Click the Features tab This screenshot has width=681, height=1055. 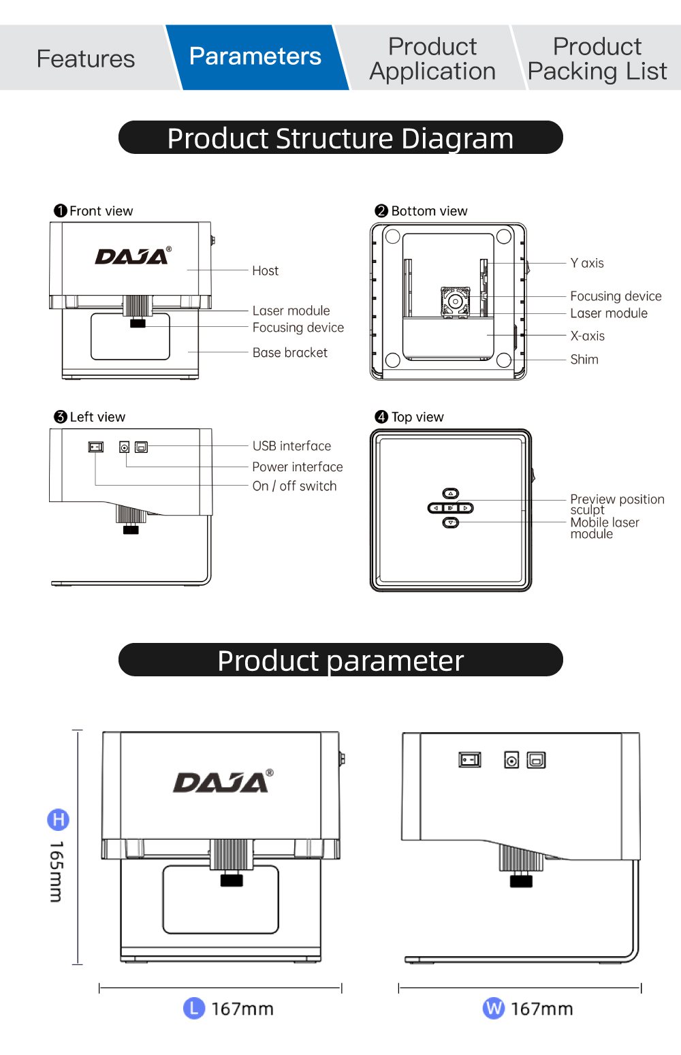coord(86,59)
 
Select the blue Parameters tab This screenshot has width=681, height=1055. coord(255,57)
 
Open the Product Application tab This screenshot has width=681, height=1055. coord(432,59)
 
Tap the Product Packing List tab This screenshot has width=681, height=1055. coord(597,59)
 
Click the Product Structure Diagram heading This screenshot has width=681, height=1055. coord(340,138)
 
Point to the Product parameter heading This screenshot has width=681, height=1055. coord(340,660)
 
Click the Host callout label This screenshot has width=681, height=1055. coord(265,271)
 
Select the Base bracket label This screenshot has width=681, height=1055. coord(289,353)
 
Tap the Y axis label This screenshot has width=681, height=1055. coord(587,263)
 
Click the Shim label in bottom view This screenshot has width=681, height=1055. coord(584,360)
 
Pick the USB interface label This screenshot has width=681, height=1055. coord(291,446)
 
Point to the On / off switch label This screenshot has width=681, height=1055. coord(294,486)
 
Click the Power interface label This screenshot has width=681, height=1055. coord(297,467)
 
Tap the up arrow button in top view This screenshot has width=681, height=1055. coord(451,493)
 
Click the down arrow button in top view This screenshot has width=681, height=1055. coord(451,522)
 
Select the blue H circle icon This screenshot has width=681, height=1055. coord(58,819)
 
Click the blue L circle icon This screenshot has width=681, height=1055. coord(194,1008)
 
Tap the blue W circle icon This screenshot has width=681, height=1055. coord(494,1008)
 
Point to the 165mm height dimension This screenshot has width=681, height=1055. coord(57,871)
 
